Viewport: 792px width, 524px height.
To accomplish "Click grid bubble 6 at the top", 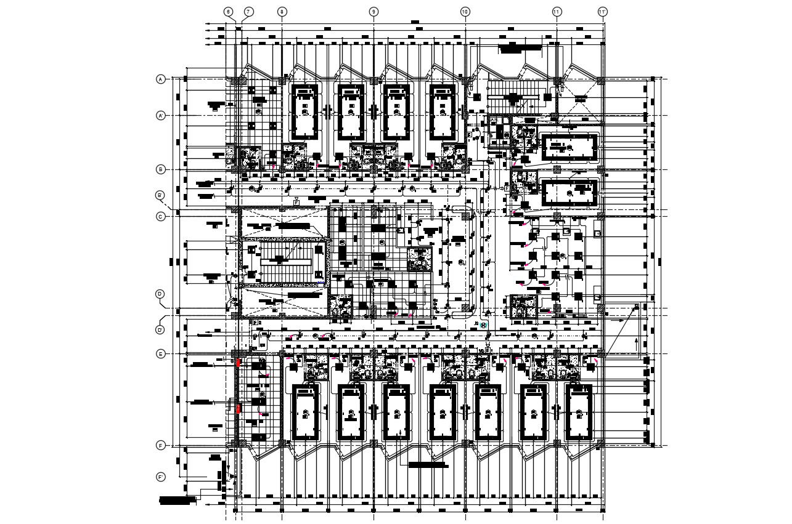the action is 228,12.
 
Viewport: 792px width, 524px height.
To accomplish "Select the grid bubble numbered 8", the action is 282,12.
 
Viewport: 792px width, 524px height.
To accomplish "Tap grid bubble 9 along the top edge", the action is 374,12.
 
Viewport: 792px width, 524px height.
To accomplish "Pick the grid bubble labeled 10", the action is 465,12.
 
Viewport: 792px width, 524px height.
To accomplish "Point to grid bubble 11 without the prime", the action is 557,12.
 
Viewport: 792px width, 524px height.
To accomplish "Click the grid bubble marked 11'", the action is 603,12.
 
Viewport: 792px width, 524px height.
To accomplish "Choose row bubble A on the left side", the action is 161,79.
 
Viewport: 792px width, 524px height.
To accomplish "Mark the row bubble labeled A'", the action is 161,115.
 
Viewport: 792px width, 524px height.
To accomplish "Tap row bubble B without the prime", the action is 161,169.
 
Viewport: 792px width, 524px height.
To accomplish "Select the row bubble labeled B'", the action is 160,196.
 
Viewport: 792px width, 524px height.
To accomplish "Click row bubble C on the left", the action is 161,217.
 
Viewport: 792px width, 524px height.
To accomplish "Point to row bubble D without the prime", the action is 160,294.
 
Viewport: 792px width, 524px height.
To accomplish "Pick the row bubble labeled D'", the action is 160,330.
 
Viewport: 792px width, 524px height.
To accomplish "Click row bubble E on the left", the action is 161,354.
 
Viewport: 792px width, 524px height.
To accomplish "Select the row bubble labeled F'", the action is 161,477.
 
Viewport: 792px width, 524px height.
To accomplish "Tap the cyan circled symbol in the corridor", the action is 484,325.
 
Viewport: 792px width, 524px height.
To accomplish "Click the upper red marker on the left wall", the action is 238,363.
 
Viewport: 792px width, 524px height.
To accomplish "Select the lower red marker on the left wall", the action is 238,408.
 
